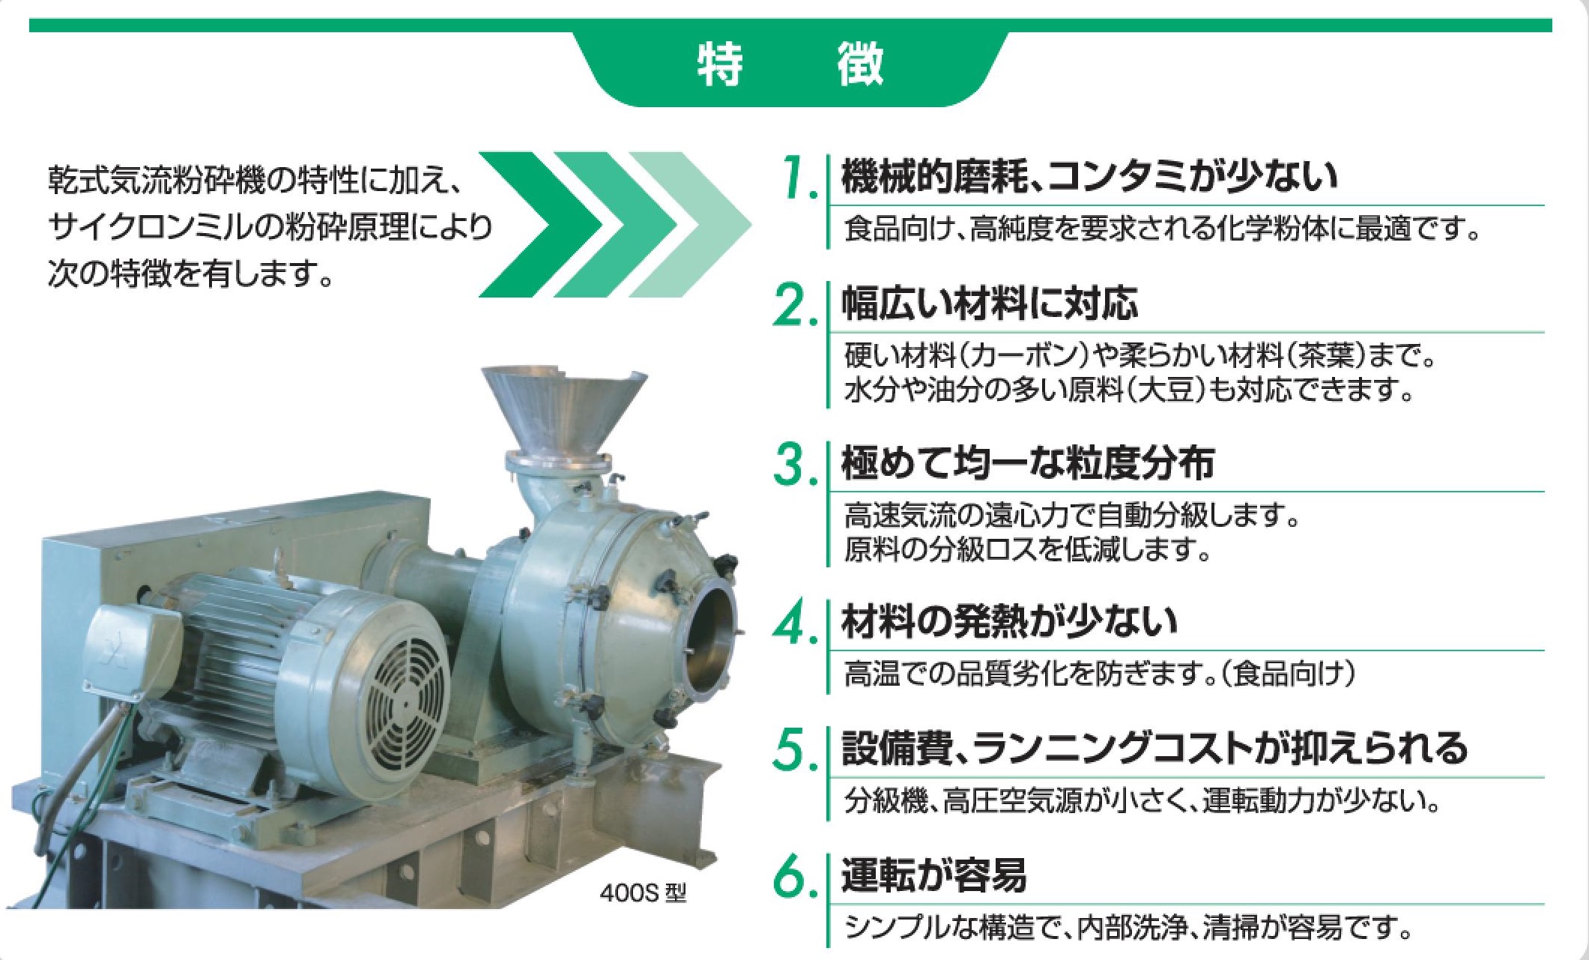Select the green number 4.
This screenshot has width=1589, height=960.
pos(794,623)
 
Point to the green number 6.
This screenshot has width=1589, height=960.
pos(794,878)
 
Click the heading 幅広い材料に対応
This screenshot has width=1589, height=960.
pos(990,304)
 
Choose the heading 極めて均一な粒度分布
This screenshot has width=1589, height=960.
pos(1028,463)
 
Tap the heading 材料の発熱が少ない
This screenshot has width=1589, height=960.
pos(1009,623)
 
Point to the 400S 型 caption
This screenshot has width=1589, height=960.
pos(642,893)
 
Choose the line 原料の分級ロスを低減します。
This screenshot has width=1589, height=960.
pos(1027,550)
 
